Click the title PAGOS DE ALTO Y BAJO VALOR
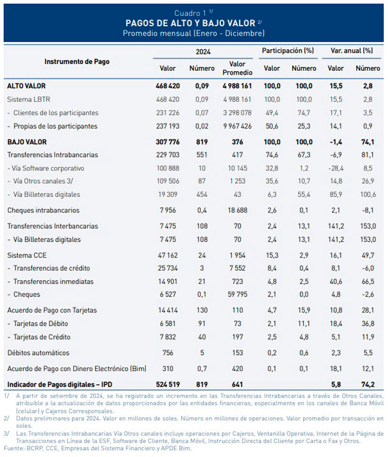tap(191, 23)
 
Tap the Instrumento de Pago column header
tap(77, 62)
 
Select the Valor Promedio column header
tap(238, 68)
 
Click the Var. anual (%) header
tap(352, 51)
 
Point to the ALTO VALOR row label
tap(27, 86)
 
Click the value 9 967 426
tap(238, 126)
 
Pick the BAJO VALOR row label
tap(27, 142)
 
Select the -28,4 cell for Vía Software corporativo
tap(336, 168)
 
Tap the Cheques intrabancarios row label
tap(44, 210)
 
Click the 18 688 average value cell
tap(238, 210)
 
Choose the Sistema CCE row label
tap(27, 255)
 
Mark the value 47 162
tap(168, 255)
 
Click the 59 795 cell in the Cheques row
tap(238, 294)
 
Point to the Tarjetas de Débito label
tap(41, 324)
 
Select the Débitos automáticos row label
tap(38, 353)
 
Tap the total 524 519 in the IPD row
tap(168, 384)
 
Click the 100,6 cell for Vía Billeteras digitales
tap(368, 194)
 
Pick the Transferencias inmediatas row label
tap(53, 282)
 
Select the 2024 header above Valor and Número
tap(203, 52)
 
